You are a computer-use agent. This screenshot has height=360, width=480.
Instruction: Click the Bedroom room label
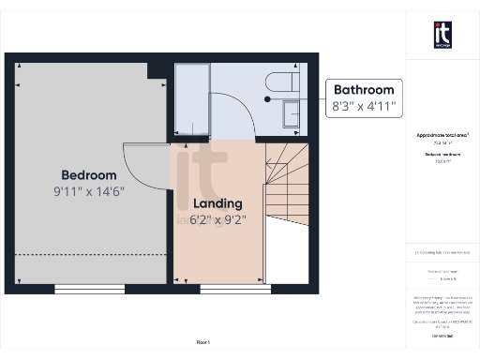coord(89,175)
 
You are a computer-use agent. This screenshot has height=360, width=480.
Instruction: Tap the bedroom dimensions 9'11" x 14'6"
coord(89,190)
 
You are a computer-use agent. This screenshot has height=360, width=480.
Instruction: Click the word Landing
coord(217,203)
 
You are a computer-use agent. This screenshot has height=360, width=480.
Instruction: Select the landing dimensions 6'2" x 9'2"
coord(217,220)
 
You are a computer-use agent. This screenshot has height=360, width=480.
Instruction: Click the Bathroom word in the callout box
coord(365,90)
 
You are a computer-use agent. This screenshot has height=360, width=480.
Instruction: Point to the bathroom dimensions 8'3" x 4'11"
coord(365,107)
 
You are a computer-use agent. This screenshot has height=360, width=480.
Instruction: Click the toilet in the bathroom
coord(280,80)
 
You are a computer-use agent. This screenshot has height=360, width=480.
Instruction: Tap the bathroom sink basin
coord(289,113)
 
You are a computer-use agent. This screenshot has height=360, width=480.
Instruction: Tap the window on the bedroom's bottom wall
coord(81,288)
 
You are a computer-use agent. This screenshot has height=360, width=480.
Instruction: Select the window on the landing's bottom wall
coord(223,288)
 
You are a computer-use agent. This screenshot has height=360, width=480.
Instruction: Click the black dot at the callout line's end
coord(267,98)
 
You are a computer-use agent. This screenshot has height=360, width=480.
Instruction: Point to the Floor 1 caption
coord(203,342)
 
